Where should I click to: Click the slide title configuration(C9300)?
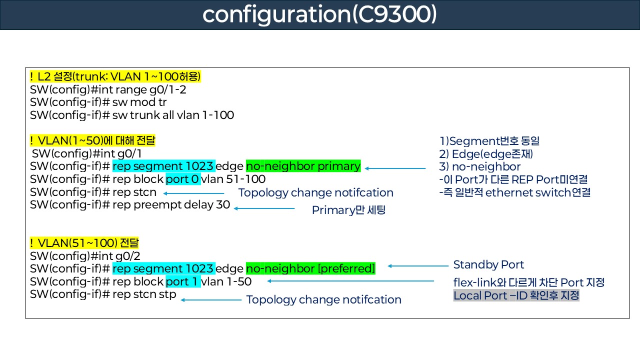[x=319, y=14]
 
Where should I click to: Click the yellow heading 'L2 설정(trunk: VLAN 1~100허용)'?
[x=115, y=77]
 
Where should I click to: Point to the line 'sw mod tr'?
[x=98, y=102]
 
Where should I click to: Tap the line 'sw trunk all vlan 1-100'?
[x=132, y=115]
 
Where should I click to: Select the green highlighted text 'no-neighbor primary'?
[x=303, y=166]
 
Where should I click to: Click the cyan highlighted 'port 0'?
[x=183, y=179]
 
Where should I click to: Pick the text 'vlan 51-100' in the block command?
[x=233, y=179]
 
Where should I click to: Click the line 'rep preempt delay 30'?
[x=130, y=204]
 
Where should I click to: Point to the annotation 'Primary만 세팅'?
[x=348, y=210]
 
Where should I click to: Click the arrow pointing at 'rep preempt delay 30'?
[x=264, y=208]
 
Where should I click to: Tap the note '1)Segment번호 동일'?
[x=489, y=141]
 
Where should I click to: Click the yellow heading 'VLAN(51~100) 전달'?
[x=84, y=243]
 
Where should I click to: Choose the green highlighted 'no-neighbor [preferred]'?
[x=310, y=268]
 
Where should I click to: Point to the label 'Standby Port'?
[x=488, y=264]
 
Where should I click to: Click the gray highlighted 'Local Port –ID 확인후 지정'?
[x=516, y=295]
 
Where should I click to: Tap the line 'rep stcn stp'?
[x=103, y=294]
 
